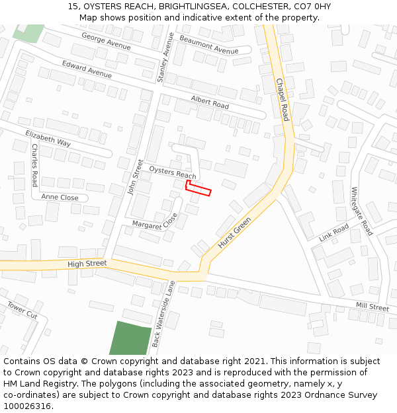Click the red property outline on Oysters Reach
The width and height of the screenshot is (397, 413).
[198, 189]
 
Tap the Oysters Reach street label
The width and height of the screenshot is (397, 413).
[173, 172]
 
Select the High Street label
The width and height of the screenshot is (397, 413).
[87, 264]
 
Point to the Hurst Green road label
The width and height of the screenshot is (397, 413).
[235, 233]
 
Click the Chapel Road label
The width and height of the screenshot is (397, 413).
[283, 98]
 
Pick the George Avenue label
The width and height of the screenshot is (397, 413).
[106, 41]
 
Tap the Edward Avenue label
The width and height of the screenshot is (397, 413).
[87, 69]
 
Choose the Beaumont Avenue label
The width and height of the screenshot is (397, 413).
[208, 46]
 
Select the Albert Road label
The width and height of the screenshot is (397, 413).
[210, 102]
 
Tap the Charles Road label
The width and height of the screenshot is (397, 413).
[34, 165]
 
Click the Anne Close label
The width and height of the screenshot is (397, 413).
[60, 198]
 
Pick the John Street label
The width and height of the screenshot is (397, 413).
[135, 177]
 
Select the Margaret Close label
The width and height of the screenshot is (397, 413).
[155, 223]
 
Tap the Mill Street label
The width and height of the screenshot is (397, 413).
[373, 307]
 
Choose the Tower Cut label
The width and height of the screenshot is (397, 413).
[22, 310]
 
